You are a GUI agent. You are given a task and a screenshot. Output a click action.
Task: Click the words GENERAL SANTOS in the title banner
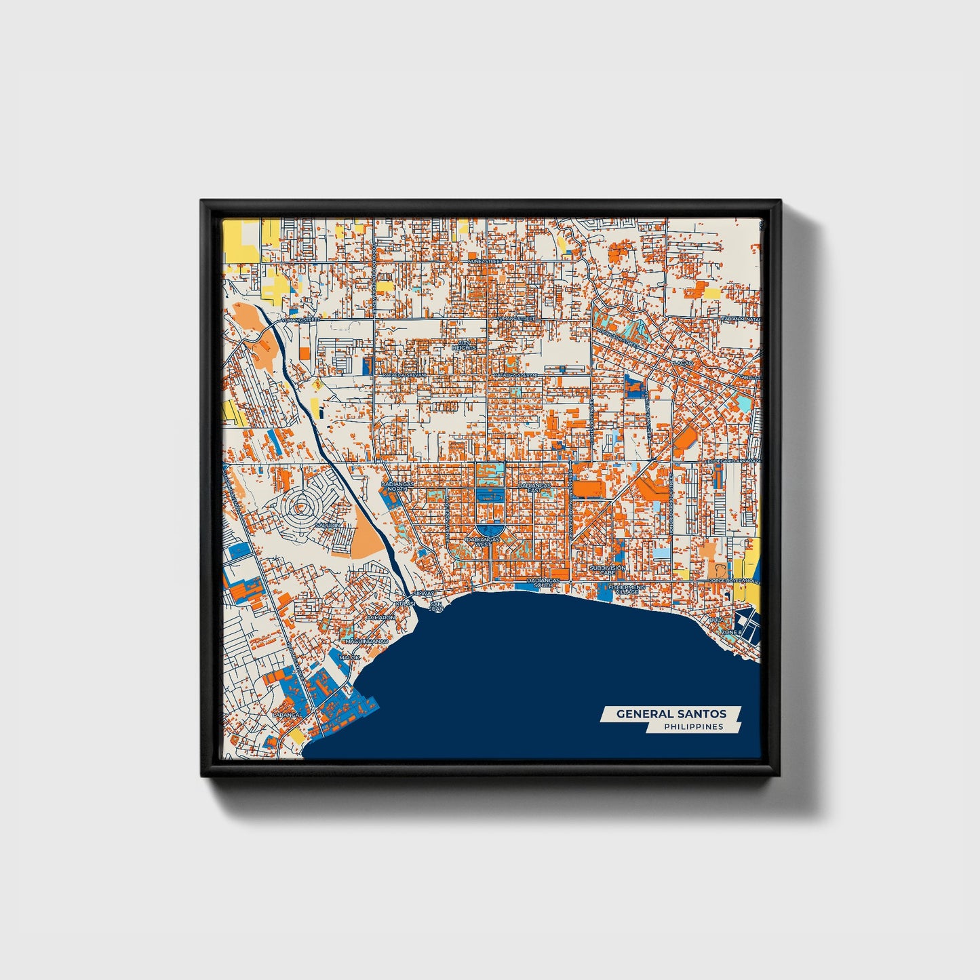pos(671,713)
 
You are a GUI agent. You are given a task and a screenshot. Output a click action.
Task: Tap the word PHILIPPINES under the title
pos(693,727)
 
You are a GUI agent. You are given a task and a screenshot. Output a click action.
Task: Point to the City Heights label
pos(464,346)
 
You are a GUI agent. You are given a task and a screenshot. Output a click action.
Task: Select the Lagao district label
pos(683,364)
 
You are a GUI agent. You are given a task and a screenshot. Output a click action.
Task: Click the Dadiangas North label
pos(395,487)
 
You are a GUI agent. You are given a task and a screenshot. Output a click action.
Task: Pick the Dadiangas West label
pos(483,541)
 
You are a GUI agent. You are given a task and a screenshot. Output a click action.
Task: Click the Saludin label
pos(326,526)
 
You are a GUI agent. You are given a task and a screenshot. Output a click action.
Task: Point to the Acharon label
pos(380,618)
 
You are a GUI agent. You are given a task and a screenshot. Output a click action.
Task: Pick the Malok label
pos(350,657)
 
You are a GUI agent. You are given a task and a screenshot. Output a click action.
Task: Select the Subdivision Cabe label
pos(607,570)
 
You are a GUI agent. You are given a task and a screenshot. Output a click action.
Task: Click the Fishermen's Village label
pos(623,589)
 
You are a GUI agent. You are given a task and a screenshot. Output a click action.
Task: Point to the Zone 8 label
pos(731,632)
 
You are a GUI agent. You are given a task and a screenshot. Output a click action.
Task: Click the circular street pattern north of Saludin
pos(299,505)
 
